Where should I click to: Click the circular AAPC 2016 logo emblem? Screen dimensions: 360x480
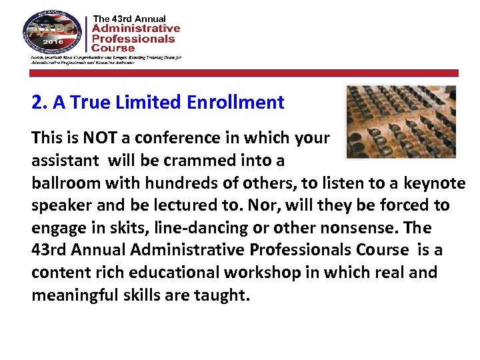coord(53,32)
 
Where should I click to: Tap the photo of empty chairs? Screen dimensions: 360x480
coord(401,122)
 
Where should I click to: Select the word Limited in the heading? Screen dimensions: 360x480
coord(150,103)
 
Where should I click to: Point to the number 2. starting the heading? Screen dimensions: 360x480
coord(39,103)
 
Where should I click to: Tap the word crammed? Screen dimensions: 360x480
coord(198,161)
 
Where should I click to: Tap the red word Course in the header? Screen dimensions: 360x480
coord(113,48)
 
